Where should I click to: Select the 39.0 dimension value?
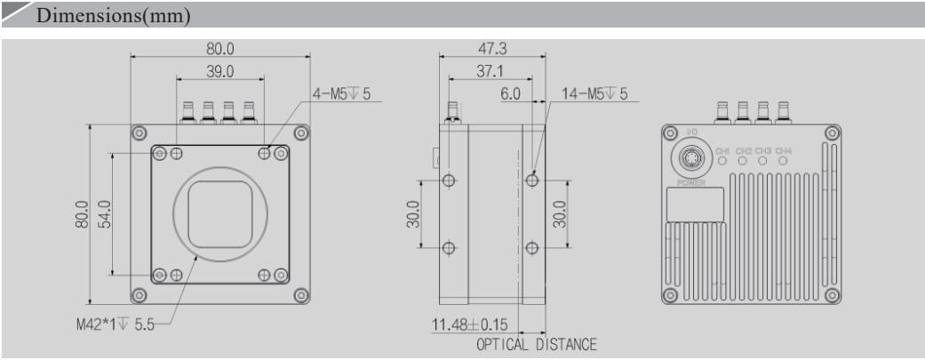click(x=219, y=69)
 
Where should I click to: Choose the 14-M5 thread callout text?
click(x=594, y=92)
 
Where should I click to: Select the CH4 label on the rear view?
click(x=783, y=150)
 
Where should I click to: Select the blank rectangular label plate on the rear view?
click(x=694, y=204)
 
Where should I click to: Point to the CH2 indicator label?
click(x=744, y=150)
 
